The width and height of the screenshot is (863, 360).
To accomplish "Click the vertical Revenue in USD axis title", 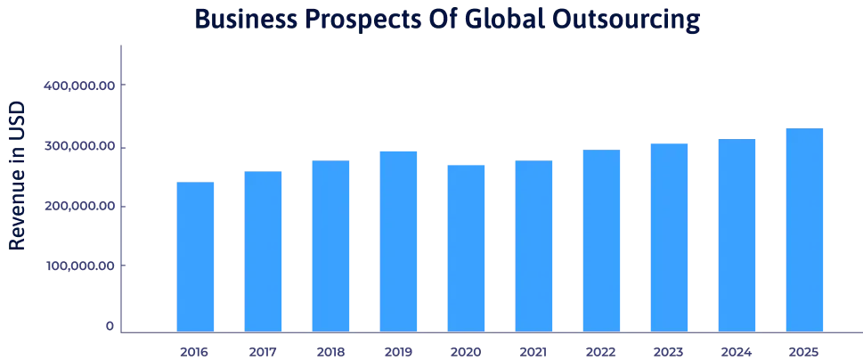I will coord(17,175).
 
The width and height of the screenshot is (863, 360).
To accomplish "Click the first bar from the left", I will coord(196,255).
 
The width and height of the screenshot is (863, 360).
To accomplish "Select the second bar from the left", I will coord(264,250).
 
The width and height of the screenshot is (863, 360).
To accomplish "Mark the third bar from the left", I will coord(331,244).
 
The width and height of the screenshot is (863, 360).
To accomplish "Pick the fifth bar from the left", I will coord(467,247).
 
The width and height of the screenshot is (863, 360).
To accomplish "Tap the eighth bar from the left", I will coord(669,236).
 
